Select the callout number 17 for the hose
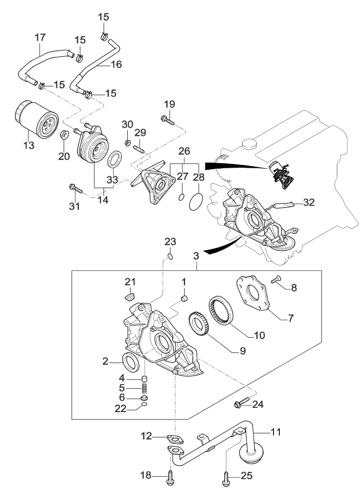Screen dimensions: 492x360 tap(40, 37)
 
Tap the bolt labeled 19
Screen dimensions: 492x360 tap(166, 121)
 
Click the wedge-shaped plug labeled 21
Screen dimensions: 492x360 tap(129, 297)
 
